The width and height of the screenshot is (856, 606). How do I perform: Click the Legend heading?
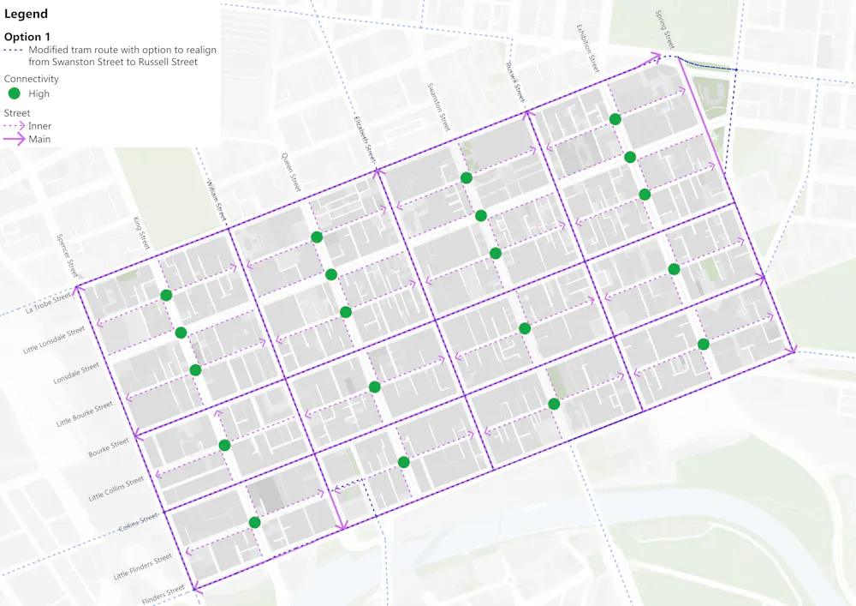tap(27, 15)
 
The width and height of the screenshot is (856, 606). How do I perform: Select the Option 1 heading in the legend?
tap(28, 37)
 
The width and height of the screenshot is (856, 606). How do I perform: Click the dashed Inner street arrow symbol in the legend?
tap(15, 126)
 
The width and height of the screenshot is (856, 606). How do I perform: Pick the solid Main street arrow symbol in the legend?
tap(15, 139)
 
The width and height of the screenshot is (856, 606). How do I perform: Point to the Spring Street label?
tap(665, 30)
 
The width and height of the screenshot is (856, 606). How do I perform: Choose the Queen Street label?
tap(292, 171)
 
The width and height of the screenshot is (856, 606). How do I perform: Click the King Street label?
tap(141, 233)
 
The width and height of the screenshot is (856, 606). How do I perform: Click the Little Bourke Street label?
tap(84, 414)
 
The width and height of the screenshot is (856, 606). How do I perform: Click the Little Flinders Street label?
tap(143, 567)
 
